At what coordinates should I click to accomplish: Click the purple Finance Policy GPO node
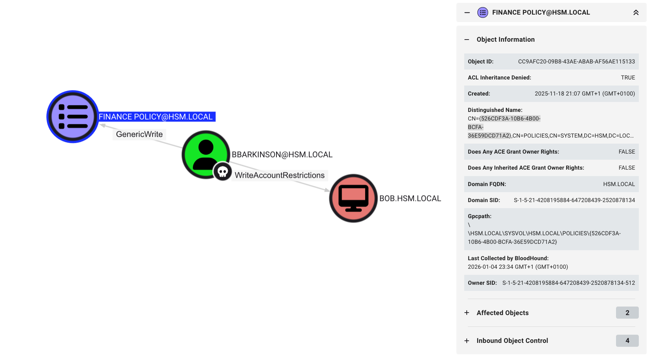(73, 117)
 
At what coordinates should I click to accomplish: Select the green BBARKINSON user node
(206, 154)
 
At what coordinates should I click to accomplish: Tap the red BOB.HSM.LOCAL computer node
(353, 198)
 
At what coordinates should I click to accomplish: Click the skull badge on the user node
(223, 172)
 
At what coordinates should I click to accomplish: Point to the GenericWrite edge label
(139, 134)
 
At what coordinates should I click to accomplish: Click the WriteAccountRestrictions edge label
(280, 175)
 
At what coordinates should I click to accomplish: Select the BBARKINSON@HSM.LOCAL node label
(282, 155)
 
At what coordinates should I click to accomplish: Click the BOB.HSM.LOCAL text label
(410, 199)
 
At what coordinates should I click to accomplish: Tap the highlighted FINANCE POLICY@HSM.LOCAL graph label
(156, 117)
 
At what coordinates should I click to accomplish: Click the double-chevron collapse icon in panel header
(636, 13)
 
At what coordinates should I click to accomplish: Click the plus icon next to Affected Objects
(467, 313)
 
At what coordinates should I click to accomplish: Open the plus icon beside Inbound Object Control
(467, 341)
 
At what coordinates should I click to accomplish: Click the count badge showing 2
(627, 313)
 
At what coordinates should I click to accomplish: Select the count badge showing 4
(627, 341)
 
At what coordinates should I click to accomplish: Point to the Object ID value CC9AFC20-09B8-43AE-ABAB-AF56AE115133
(576, 62)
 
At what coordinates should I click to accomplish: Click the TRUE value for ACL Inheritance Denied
(628, 78)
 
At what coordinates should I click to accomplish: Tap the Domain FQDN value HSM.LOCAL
(619, 184)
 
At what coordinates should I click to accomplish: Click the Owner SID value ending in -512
(568, 283)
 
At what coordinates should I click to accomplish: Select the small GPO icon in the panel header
(482, 13)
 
